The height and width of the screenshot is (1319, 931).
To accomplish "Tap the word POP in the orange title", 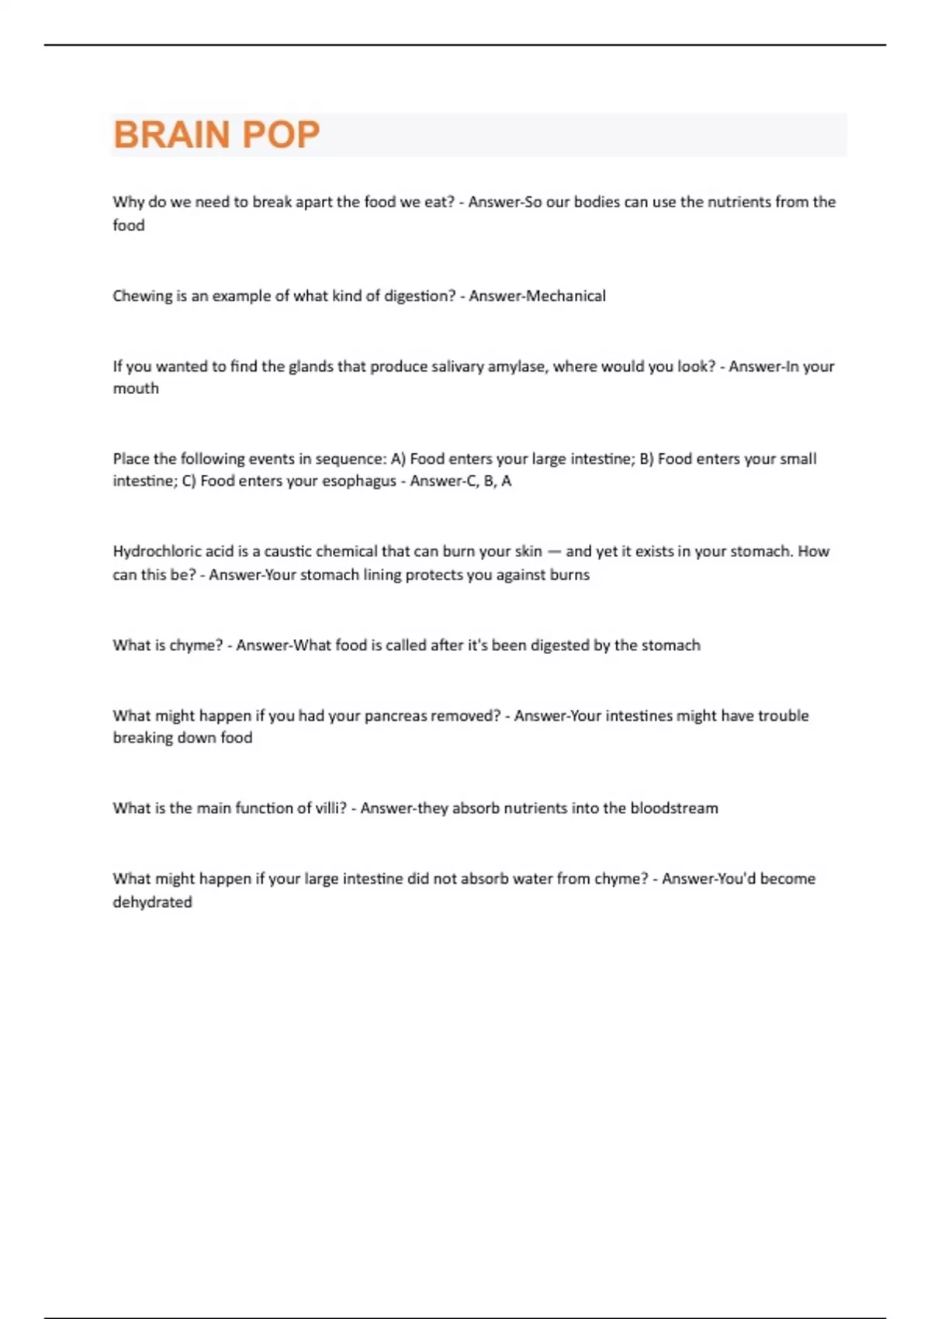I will click(x=280, y=135).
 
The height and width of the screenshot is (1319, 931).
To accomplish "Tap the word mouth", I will click(x=136, y=389).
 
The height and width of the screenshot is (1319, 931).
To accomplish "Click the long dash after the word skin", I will click(x=554, y=552).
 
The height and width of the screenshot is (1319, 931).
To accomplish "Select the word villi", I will click(x=330, y=808).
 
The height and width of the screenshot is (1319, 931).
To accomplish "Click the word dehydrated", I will click(x=152, y=902).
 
